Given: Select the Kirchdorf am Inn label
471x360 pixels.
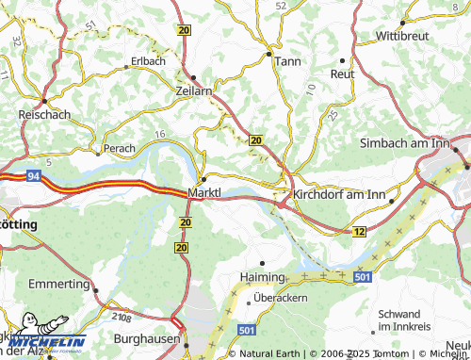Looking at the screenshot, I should click(339, 194).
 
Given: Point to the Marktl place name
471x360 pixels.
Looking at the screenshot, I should click(204, 193).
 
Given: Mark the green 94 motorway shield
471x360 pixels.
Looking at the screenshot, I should click(32, 175).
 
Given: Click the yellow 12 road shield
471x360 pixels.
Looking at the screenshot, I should click(359, 231).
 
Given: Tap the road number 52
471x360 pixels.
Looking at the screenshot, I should click(281, 6).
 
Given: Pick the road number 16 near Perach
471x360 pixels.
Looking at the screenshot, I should click(159, 136).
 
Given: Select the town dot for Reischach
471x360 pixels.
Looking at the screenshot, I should click(42, 101).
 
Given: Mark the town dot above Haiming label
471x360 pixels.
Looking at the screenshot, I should click(263, 263).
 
